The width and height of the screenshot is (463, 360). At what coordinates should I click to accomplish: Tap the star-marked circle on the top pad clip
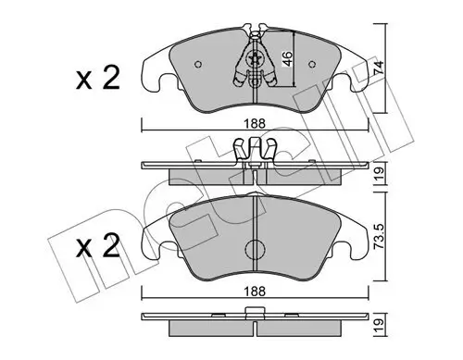tap(256, 61)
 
